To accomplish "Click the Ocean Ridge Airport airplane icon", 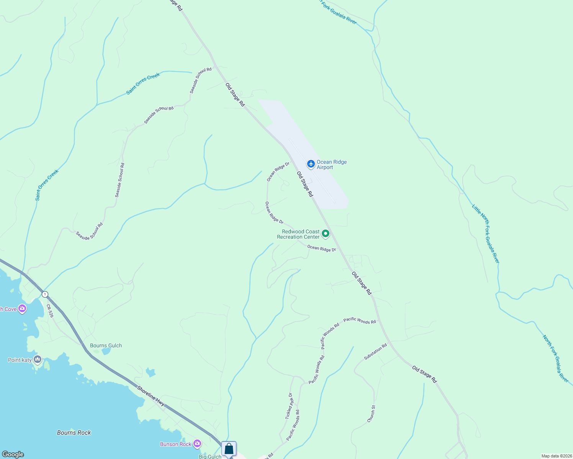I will [x=311, y=164].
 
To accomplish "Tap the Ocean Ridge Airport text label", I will [x=331, y=164].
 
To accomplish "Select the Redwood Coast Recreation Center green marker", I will [x=325, y=233].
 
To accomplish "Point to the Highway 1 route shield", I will [x=45, y=294].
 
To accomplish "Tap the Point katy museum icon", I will [x=38, y=359].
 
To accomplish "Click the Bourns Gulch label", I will [x=106, y=345].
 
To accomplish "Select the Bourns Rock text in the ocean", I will [x=74, y=433].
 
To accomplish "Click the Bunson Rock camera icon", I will [x=197, y=444].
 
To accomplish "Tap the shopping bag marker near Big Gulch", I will [x=229, y=449].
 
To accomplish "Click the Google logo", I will [x=13, y=454].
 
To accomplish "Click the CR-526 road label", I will [x=50, y=311].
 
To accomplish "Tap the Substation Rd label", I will [x=375, y=352].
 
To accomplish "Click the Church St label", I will [x=371, y=414].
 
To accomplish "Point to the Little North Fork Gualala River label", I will [x=486, y=234].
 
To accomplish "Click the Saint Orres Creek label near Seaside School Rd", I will [x=143, y=83].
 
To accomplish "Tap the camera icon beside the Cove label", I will [x=22, y=309].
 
